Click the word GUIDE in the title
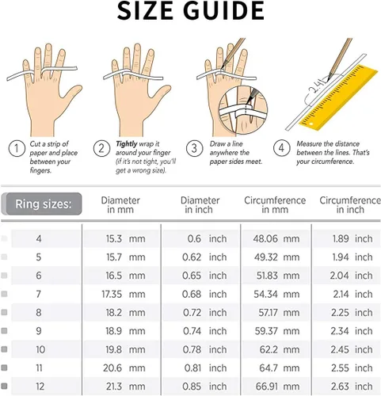223,10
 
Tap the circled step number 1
17,148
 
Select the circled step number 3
194,148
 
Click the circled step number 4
281,148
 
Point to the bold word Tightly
127,144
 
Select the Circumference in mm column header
275,205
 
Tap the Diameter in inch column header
200,205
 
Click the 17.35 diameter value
112,294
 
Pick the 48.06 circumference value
265,238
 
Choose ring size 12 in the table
40,386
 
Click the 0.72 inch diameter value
192,313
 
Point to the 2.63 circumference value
340,386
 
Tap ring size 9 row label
39,331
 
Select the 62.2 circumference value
269,349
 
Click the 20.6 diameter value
112,368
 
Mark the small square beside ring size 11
4,367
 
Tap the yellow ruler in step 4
339,98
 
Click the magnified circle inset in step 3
243,109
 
